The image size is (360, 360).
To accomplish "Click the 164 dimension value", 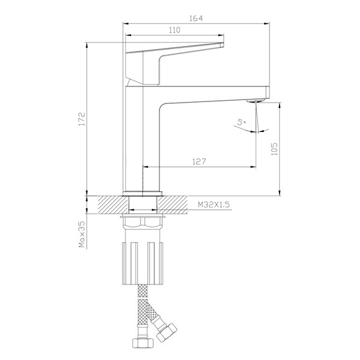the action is pos(196,19).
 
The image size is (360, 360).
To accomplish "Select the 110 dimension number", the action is pos(175,30).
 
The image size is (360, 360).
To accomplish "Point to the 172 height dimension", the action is pos(82,119).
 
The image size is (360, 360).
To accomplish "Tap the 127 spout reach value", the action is pos(199,161).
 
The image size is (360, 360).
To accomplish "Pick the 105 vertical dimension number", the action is pos(274,149).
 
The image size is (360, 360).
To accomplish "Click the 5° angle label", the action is pos(242,122).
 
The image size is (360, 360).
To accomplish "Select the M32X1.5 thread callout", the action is pos(214,205).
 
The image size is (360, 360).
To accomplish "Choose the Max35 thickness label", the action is pos(82,234).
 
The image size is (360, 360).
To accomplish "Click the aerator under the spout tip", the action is pos(256,101).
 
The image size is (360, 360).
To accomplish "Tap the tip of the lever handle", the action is pos(222,44).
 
